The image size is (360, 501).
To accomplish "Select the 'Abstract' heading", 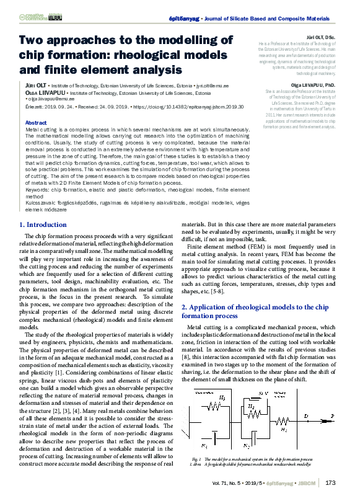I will coord(35,123).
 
